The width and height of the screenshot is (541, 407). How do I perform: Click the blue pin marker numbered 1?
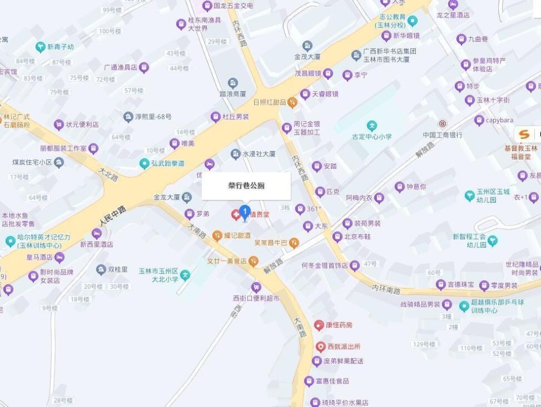[x=245, y=212]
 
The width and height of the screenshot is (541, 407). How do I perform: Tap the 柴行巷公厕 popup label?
[x=246, y=186]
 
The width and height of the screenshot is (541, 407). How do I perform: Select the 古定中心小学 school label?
[x=372, y=136]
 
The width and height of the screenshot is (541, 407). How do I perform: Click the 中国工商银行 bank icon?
[x=442, y=123]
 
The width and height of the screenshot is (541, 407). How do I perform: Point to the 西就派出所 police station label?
[x=344, y=347]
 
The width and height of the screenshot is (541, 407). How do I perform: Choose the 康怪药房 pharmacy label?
[x=338, y=325]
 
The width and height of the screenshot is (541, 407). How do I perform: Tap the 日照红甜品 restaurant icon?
[x=292, y=102]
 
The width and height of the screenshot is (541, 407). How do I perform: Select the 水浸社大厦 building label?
[x=259, y=153]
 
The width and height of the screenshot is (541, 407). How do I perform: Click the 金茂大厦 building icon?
[x=307, y=46]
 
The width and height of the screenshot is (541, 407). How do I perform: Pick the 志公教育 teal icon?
[x=413, y=21]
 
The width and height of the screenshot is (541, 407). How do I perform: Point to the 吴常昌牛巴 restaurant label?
[x=271, y=243]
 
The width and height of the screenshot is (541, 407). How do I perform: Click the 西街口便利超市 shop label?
[x=256, y=298]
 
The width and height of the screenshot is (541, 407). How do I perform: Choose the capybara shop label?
[x=499, y=120]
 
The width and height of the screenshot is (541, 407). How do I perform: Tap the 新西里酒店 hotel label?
[x=96, y=244]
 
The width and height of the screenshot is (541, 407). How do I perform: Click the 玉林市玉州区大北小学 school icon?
[x=185, y=275]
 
